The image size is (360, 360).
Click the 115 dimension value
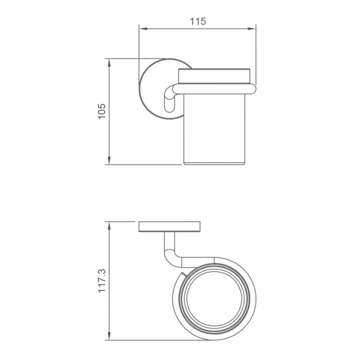(x=197, y=21)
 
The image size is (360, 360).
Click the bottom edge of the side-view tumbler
(x=214, y=163)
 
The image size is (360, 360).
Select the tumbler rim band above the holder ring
(x=214, y=76)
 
